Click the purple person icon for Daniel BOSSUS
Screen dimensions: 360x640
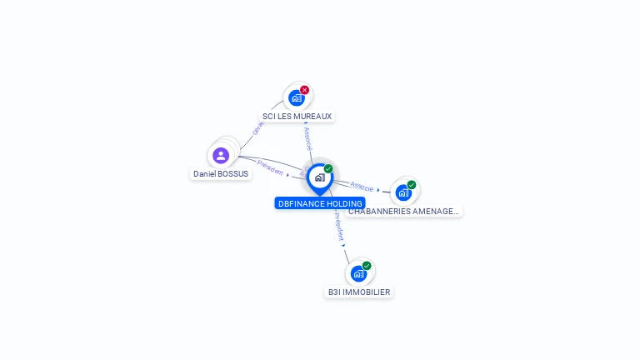tap(221, 155)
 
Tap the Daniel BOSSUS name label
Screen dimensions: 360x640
tap(221, 174)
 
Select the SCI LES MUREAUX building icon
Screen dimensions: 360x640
tap(296, 97)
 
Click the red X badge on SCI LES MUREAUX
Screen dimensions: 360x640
tap(305, 90)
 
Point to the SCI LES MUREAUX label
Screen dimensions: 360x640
tap(297, 117)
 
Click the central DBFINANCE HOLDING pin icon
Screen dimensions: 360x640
tap(319, 177)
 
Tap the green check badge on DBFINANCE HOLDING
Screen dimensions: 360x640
tap(328, 169)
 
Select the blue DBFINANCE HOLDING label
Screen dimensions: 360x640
tap(320, 203)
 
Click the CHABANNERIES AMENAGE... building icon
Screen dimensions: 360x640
tap(403, 192)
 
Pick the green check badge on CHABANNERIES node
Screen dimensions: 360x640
tap(412, 185)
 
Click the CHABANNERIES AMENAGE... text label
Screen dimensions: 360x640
tap(403, 212)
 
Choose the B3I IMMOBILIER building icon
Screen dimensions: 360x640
tap(358, 273)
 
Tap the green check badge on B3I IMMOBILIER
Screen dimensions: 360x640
tap(367, 266)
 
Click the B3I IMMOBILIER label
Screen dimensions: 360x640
tap(359, 292)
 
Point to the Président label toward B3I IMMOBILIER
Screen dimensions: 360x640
tap(338, 226)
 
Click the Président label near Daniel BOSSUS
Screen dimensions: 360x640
tap(271, 167)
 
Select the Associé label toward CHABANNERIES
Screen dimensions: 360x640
tap(362, 186)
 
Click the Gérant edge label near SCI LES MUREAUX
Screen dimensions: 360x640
tap(258, 127)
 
